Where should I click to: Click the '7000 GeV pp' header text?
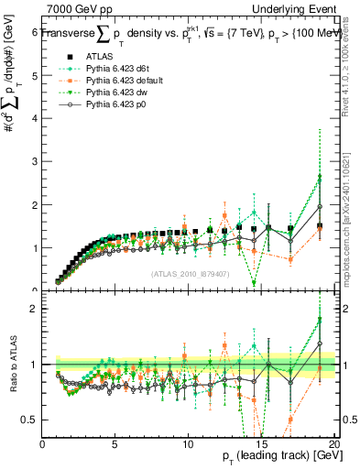pos(77,8)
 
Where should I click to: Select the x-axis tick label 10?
pos(187,443)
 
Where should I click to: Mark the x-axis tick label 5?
pos(115,443)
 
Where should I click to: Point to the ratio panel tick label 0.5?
pos(29,420)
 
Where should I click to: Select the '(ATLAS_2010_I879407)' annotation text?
pos(190,273)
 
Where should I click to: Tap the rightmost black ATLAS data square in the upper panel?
pos(320,226)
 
